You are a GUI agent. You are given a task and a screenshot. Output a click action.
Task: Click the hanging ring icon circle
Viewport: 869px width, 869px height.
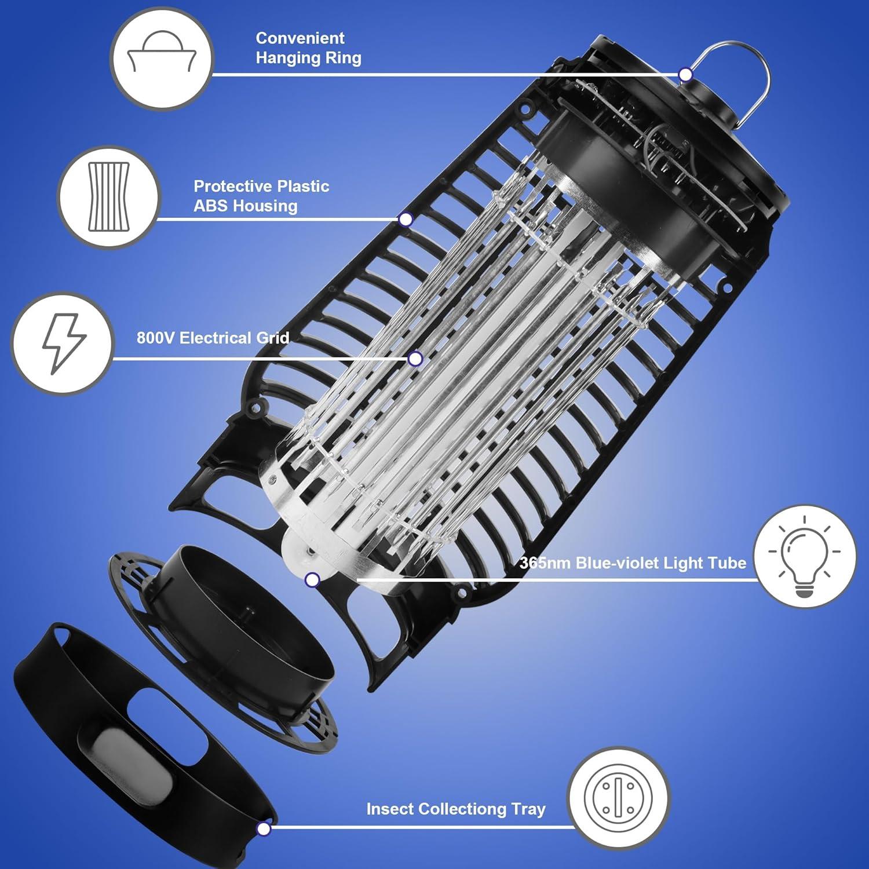[162, 59]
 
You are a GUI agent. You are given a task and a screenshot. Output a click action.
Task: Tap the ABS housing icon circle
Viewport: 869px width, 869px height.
[108, 198]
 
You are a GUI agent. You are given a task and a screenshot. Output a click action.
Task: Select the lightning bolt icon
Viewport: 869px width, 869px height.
[63, 344]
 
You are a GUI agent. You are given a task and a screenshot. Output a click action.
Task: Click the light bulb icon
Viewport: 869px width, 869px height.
[805, 556]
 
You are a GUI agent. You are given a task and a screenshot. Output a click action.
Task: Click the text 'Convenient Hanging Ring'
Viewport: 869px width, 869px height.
[308, 48]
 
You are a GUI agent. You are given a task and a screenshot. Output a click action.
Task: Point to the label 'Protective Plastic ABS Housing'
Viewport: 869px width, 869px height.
[261, 196]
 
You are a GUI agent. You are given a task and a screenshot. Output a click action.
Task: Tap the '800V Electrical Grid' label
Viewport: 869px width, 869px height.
[213, 338]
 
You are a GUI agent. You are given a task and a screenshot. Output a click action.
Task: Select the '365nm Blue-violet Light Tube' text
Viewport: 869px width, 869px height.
[633, 563]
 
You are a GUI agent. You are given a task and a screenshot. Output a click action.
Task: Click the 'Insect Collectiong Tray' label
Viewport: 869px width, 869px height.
[456, 809]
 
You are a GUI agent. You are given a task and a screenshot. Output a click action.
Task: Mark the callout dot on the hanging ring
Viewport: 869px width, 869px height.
[685, 75]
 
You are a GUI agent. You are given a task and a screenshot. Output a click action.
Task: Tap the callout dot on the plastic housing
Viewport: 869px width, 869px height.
[406, 219]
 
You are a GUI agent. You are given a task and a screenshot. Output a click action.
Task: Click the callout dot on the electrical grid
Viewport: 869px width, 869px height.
[415, 359]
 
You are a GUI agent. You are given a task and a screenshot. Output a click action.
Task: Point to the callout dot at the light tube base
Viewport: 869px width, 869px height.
[312, 579]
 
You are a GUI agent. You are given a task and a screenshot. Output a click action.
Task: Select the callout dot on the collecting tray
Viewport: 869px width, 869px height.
[264, 829]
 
